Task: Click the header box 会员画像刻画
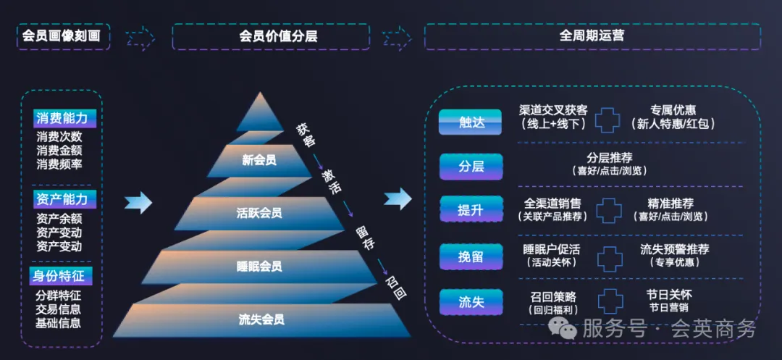point(63,35)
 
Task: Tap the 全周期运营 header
point(592,35)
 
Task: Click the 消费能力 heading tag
point(61,118)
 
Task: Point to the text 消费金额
point(59,150)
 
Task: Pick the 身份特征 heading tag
point(59,275)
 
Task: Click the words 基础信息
point(59,322)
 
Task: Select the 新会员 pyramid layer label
point(259,160)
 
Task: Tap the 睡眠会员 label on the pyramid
point(259,266)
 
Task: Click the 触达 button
point(471,122)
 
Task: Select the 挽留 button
point(471,256)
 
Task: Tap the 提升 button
point(471,211)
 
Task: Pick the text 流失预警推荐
point(674,249)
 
